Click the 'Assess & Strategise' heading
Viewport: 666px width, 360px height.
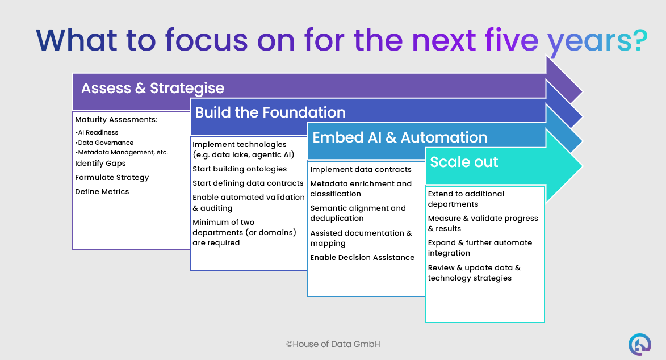coord(152,89)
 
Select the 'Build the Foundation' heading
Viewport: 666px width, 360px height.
coord(270,112)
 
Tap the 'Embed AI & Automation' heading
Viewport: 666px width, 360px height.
coord(400,137)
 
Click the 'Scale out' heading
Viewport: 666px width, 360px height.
coord(464,162)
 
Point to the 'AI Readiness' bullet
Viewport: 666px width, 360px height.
coord(97,132)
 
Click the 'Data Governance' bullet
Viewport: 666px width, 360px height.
coord(106,143)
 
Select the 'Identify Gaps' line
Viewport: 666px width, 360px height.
coord(100,163)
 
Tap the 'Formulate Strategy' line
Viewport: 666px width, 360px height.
coord(112,177)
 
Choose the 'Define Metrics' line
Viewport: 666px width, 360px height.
coord(102,191)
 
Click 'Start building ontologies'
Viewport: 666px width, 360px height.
coord(240,169)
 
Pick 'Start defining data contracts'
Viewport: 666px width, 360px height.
coord(248,183)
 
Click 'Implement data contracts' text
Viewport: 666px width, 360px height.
coord(361,169)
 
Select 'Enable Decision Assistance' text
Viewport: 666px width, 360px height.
coord(362,257)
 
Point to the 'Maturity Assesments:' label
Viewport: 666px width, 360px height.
coord(116,119)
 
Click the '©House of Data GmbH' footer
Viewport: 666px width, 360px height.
coord(333,344)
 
